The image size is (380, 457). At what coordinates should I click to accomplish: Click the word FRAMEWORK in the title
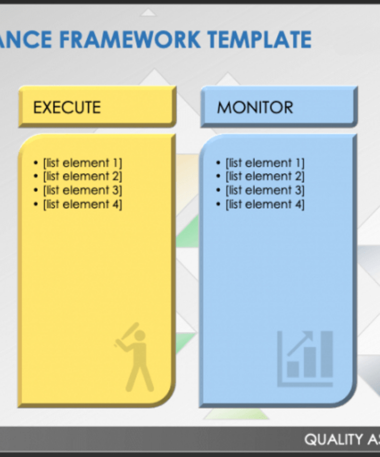[130, 40]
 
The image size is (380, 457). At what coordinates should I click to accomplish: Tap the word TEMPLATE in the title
[259, 40]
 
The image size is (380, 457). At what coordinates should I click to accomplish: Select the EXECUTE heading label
[67, 107]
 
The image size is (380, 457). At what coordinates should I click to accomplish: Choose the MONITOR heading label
[255, 107]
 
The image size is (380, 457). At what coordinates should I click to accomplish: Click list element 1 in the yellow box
[83, 163]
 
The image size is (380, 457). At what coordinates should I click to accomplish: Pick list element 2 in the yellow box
[83, 176]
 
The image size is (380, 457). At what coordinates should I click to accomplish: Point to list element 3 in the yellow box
[83, 190]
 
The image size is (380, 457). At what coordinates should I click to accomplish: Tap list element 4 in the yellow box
[83, 204]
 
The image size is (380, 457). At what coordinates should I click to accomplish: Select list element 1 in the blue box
[265, 163]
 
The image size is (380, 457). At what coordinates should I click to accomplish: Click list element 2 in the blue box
[265, 176]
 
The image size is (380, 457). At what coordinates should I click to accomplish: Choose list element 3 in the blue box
[265, 190]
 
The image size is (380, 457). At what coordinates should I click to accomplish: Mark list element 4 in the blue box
[265, 204]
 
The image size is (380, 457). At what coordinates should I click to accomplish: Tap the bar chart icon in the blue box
[305, 359]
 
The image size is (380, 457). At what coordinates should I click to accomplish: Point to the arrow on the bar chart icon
[300, 343]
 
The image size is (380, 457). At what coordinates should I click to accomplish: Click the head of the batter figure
[140, 335]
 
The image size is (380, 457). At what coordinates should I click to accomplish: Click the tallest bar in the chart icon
[327, 354]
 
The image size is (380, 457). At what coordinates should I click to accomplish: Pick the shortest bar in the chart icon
[293, 369]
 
